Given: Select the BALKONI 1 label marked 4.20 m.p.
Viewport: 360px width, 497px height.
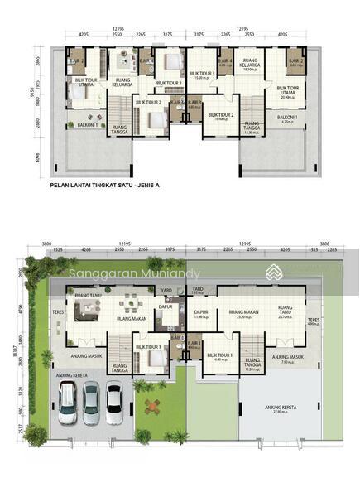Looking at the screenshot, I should pyautogui.click(x=287, y=120).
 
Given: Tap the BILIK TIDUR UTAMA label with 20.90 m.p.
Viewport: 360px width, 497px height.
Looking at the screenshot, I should pyautogui.click(x=287, y=91).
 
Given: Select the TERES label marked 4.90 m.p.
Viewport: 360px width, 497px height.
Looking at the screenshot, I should pyautogui.click(x=314, y=321).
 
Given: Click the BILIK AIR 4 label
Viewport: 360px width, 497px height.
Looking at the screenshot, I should pyautogui.click(x=225, y=62).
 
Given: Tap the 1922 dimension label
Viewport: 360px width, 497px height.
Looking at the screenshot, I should pyautogui.click(x=52, y=86).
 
